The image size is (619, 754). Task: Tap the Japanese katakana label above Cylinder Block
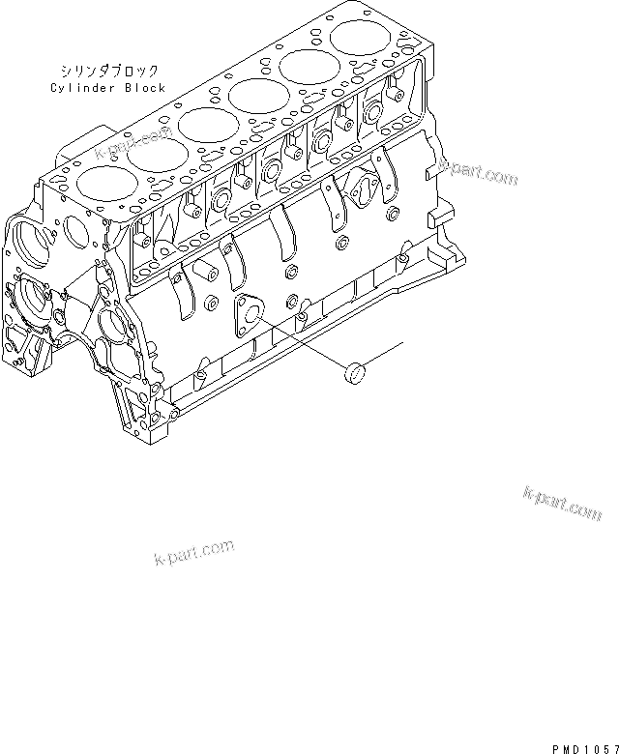click(108, 72)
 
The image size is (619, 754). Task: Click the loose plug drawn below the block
click(356, 371)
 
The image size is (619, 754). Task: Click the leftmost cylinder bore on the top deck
click(101, 181)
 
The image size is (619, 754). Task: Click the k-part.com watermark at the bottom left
click(194, 551)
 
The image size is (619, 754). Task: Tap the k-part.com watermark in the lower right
click(562, 504)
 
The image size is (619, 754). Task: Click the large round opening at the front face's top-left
click(29, 239)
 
